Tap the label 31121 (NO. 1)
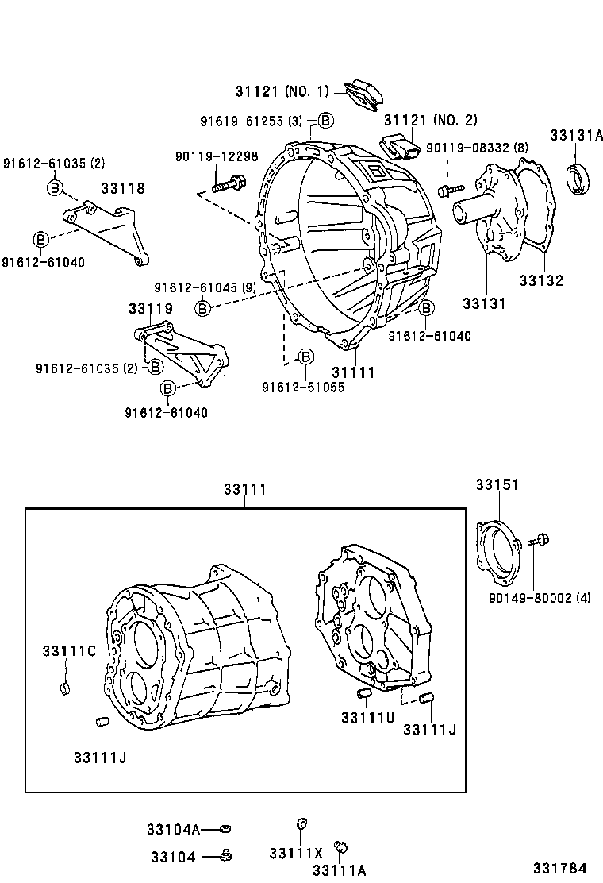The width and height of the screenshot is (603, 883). tap(282, 91)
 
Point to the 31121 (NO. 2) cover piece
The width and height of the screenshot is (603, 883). tap(401, 148)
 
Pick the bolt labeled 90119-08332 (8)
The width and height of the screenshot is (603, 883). tap(450, 190)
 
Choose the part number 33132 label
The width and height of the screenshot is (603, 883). tap(541, 280)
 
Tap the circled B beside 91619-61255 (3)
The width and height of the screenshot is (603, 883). tap(325, 121)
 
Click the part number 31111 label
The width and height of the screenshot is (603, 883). tap(353, 372)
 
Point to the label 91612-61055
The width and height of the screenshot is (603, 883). tap(303, 387)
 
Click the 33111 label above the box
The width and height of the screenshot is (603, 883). tap(244, 491)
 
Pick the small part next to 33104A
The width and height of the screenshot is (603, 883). tap(226, 829)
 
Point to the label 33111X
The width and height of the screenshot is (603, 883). tap(295, 854)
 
